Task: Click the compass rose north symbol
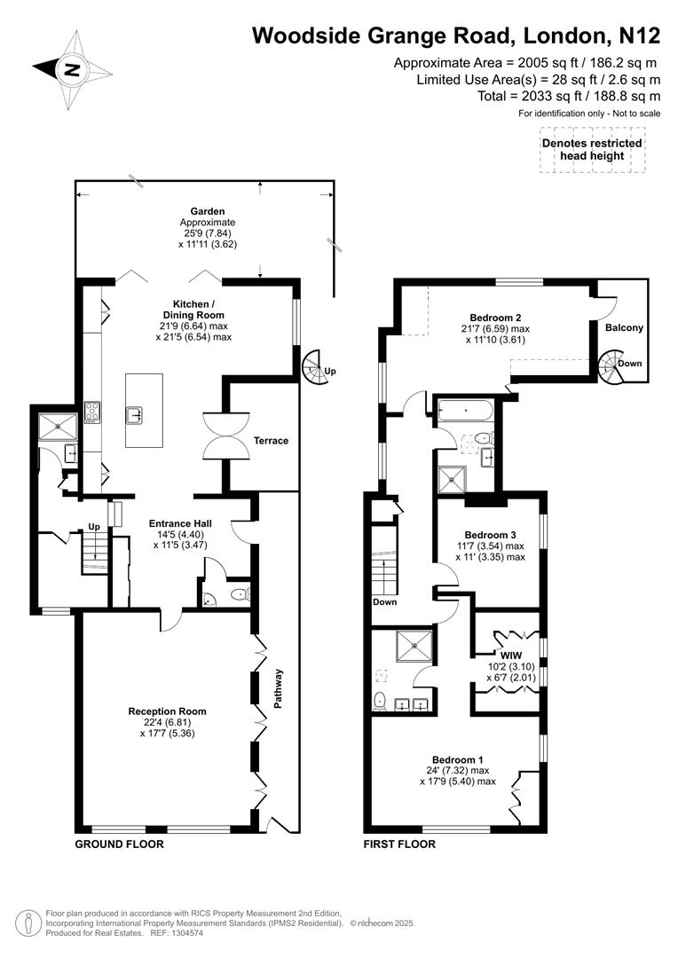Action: tap(70, 70)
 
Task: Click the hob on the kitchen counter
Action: tap(92, 410)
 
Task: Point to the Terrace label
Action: tap(271, 441)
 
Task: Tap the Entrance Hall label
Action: tap(179, 523)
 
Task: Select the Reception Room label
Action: tap(167, 711)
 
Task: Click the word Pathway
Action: tap(277, 687)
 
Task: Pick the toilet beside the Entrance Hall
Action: tap(235, 596)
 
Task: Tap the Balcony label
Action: tap(624, 327)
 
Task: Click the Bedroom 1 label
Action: tap(458, 759)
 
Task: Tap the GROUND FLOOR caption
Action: tap(119, 844)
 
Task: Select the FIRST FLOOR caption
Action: tap(399, 844)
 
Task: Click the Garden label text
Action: tap(207, 211)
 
